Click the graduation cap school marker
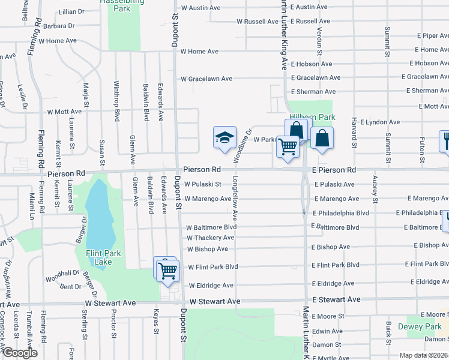pos(224,138)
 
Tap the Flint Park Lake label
pos(103,257)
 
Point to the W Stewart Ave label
pos(215,301)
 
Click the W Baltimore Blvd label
pos(211,228)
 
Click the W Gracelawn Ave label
pos(206,79)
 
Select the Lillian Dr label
pos(72,11)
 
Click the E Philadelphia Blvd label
pos(340,213)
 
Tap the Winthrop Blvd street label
pos(116,101)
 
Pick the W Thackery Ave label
pos(210,238)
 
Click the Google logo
pos(20,353)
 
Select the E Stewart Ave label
pos(336,299)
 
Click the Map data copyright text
pos(424,355)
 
